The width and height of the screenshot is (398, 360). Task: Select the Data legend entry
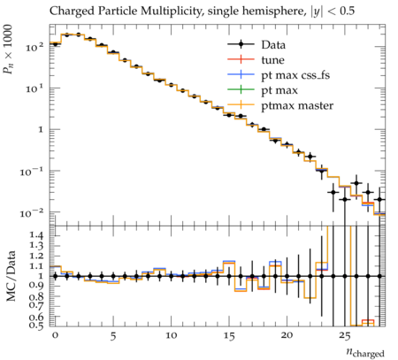[256, 45]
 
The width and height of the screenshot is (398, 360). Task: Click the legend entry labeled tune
[256, 60]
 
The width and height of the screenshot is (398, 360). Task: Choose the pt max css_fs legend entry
[279, 75]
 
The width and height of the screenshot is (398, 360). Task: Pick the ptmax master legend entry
[280, 105]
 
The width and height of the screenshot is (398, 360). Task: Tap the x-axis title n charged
[365, 352]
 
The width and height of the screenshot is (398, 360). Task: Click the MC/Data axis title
[11, 276]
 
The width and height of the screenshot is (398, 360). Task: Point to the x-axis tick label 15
[229, 336]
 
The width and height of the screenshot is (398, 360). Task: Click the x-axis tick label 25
[345, 336]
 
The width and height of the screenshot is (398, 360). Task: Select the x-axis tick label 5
[113, 336]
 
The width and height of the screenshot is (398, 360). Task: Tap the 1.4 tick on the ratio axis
[36, 235]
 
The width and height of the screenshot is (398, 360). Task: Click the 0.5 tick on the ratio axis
[36, 326]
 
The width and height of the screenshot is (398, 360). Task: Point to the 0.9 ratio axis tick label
[36, 286]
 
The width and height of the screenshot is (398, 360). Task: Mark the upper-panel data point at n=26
[356, 183]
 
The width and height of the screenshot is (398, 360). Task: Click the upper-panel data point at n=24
[333, 192]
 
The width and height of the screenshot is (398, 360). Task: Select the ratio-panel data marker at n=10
[171, 276]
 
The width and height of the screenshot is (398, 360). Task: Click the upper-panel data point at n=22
[310, 157]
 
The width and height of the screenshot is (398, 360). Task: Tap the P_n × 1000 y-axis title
[8, 50]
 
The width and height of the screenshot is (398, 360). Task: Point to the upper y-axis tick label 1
[42, 129]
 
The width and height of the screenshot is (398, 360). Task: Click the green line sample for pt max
[241, 90]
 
